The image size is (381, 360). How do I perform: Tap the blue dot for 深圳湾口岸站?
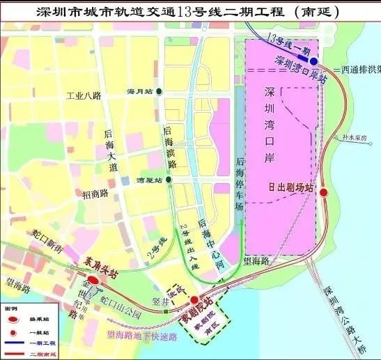pos(313,61)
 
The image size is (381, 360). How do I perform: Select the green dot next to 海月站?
pos(160,91)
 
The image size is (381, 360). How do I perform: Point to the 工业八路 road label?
pos(84,97)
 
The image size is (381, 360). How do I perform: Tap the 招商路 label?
pos(95,193)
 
